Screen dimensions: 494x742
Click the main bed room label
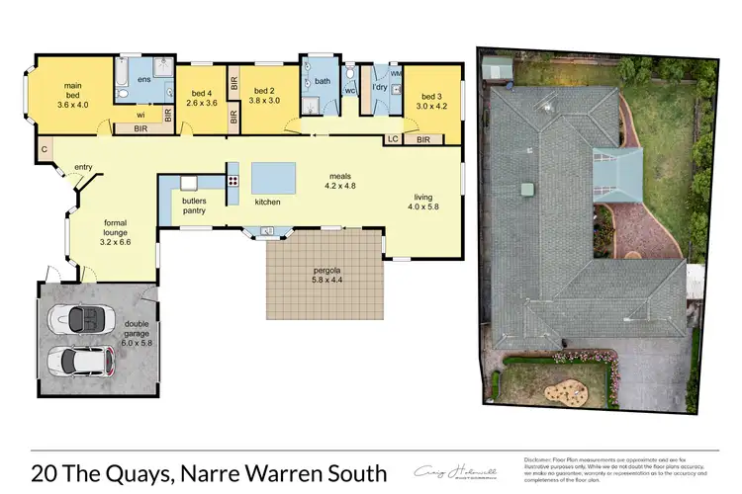point(73,86)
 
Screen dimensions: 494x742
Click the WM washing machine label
point(396,73)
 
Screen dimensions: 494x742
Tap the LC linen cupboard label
point(393,140)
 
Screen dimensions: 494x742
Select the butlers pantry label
point(194,205)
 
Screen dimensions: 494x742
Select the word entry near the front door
point(83,167)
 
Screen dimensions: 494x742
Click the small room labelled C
point(45,148)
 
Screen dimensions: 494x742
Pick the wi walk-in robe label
point(140,114)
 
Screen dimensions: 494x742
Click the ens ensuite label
point(143,78)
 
